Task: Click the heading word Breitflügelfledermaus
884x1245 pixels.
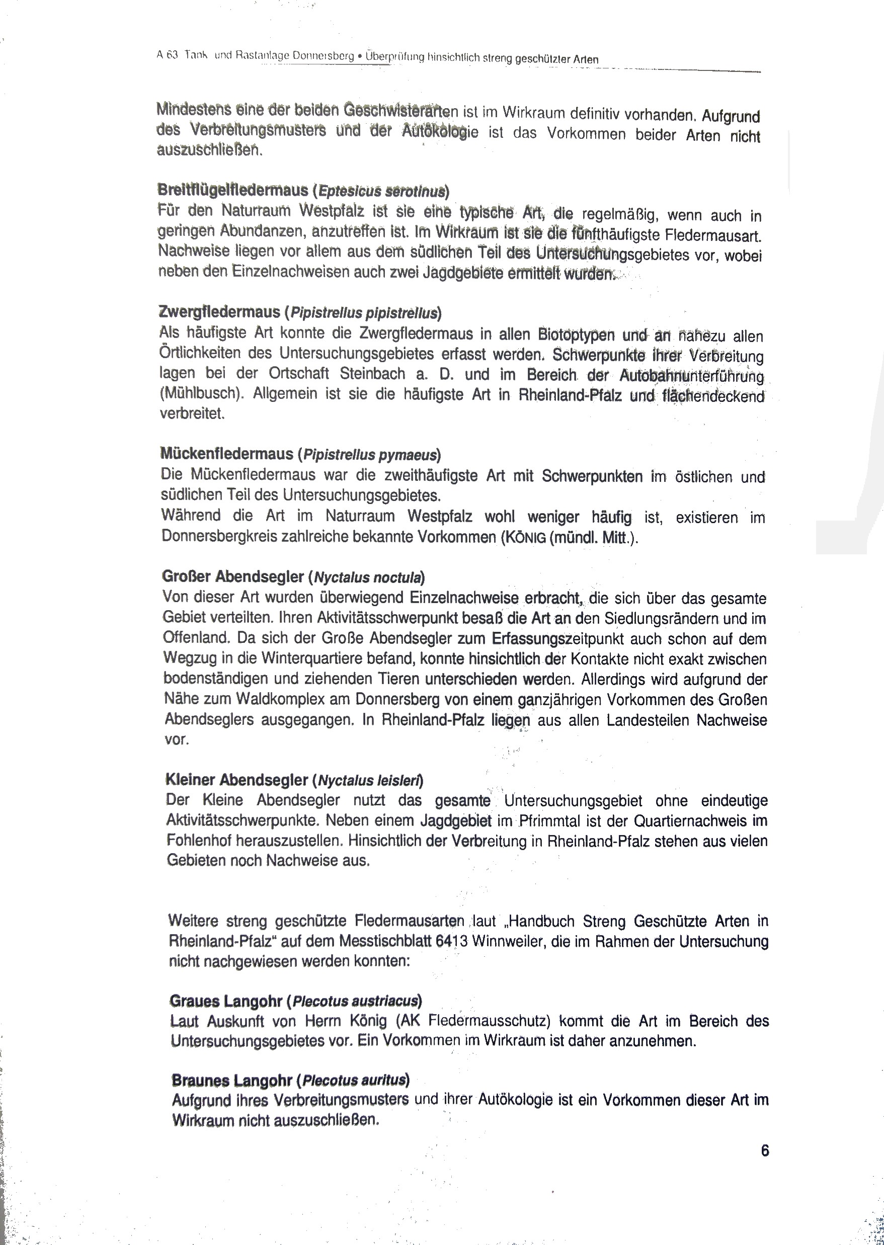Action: (x=233, y=190)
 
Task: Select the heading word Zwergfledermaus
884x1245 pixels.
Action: (x=219, y=312)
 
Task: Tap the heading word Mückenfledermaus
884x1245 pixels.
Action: (x=227, y=453)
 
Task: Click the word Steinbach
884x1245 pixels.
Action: (x=373, y=374)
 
